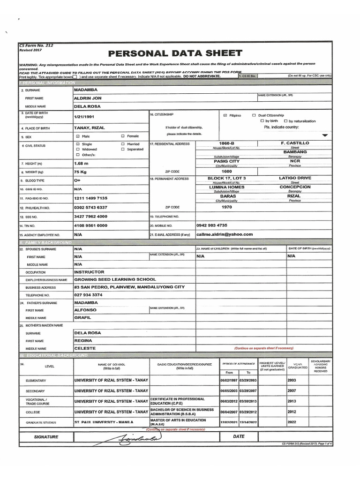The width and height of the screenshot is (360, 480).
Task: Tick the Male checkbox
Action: (x=78, y=136)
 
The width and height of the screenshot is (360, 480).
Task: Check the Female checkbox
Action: (x=123, y=136)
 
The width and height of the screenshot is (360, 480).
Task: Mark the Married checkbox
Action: (x=123, y=144)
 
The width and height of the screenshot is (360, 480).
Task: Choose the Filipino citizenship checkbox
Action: (x=225, y=115)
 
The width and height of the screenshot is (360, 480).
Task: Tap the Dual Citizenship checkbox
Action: (x=254, y=115)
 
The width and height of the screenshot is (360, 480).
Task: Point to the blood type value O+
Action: (x=77, y=180)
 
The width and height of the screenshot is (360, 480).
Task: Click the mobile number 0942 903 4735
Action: (x=212, y=225)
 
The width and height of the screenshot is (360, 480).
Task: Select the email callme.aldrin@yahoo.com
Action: (x=225, y=234)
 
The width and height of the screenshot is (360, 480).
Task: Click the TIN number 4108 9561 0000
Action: (x=90, y=225)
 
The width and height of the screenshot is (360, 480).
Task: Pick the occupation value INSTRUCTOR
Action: (x=89, y=271)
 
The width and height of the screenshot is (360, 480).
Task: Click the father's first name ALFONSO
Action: (x=85, y=310)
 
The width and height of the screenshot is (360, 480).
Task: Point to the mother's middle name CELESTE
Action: (x=85, y=348)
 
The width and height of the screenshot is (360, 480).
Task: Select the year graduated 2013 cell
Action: (x=292, y=401)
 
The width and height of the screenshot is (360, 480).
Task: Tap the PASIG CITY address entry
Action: (x=226, y=161)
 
